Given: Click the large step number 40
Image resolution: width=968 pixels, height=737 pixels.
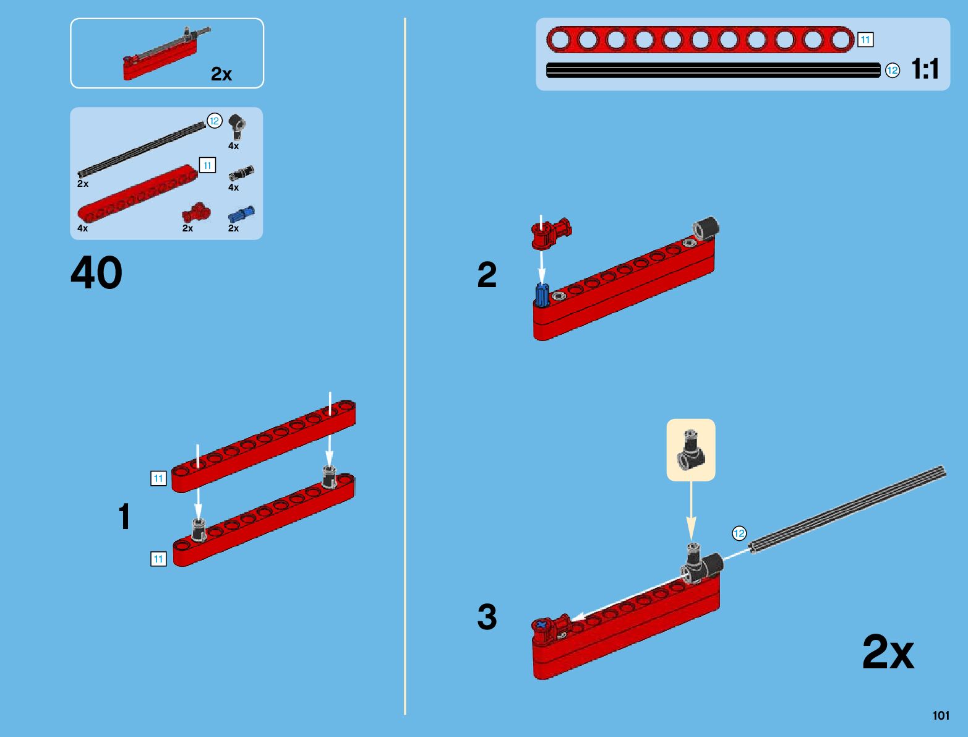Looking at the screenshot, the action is pyautogui.click(x=96, y=273).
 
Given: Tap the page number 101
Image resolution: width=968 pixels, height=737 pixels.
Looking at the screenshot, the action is pyautogui.click(x=940, y=715).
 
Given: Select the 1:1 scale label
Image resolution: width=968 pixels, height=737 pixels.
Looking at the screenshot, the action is pyautogui.click(x=925, y=69).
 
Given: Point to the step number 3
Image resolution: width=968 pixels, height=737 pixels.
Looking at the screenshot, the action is pyautogui.click(x=487, y=617).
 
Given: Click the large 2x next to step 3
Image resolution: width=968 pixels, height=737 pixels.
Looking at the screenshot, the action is pyautogui.click(x=888, y=652).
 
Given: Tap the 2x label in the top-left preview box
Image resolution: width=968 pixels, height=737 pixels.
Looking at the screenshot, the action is pyautogui.click(x=221, y=74).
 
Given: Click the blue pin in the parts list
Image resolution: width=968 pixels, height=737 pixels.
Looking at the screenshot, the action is pyautogui.click(x=241, y=214).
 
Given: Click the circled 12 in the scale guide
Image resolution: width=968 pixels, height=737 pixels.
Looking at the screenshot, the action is pyautogui.click(x=892, y=71).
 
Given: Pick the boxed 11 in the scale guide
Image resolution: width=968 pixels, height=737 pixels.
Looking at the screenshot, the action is pyautogui.click(x=865, y=40).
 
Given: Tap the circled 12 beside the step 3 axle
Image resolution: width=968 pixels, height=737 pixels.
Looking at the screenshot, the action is pyautogui.click(x=739, y=533).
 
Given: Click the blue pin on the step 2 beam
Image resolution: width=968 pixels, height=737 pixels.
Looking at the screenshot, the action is pyautogui.click(x=542, y=295).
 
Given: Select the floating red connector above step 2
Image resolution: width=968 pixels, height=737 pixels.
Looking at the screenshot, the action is pyautogui.click(x=550, y=233).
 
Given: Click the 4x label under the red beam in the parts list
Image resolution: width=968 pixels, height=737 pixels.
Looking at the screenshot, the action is pyautogui.click(x=82, y=228).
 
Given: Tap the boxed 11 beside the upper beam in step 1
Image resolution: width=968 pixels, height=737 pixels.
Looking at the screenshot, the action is pyautogui.click(x=158, y=478).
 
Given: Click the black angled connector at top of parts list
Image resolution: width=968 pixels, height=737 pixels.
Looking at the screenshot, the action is pyautogui.click(x=236, y=127).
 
